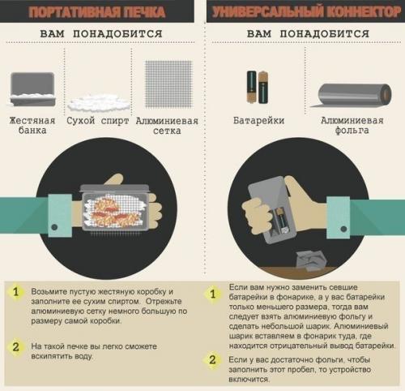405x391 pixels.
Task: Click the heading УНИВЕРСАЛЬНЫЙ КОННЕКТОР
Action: click(303, 12)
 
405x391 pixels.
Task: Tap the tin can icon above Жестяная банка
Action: click(32, 88)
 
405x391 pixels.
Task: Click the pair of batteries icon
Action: click(258, 87)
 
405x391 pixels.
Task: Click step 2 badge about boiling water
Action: click(15, 346)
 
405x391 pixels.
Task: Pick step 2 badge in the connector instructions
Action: click(213, 360)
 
